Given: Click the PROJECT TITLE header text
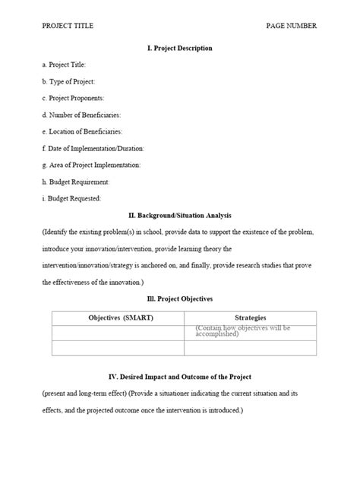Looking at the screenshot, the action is [x=68, y=26].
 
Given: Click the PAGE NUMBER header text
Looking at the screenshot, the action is [x=292, y=26].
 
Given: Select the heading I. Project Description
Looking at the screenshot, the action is [x=179, y=49].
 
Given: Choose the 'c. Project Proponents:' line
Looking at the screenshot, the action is [x=73, y=99].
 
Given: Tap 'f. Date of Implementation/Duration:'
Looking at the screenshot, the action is [x=93, y=149].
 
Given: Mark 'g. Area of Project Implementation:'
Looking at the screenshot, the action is [x=91, y=166].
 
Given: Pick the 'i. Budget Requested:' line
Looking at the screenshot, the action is [x=72, y=199].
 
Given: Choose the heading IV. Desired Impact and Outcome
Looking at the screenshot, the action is [x=179, y=377].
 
